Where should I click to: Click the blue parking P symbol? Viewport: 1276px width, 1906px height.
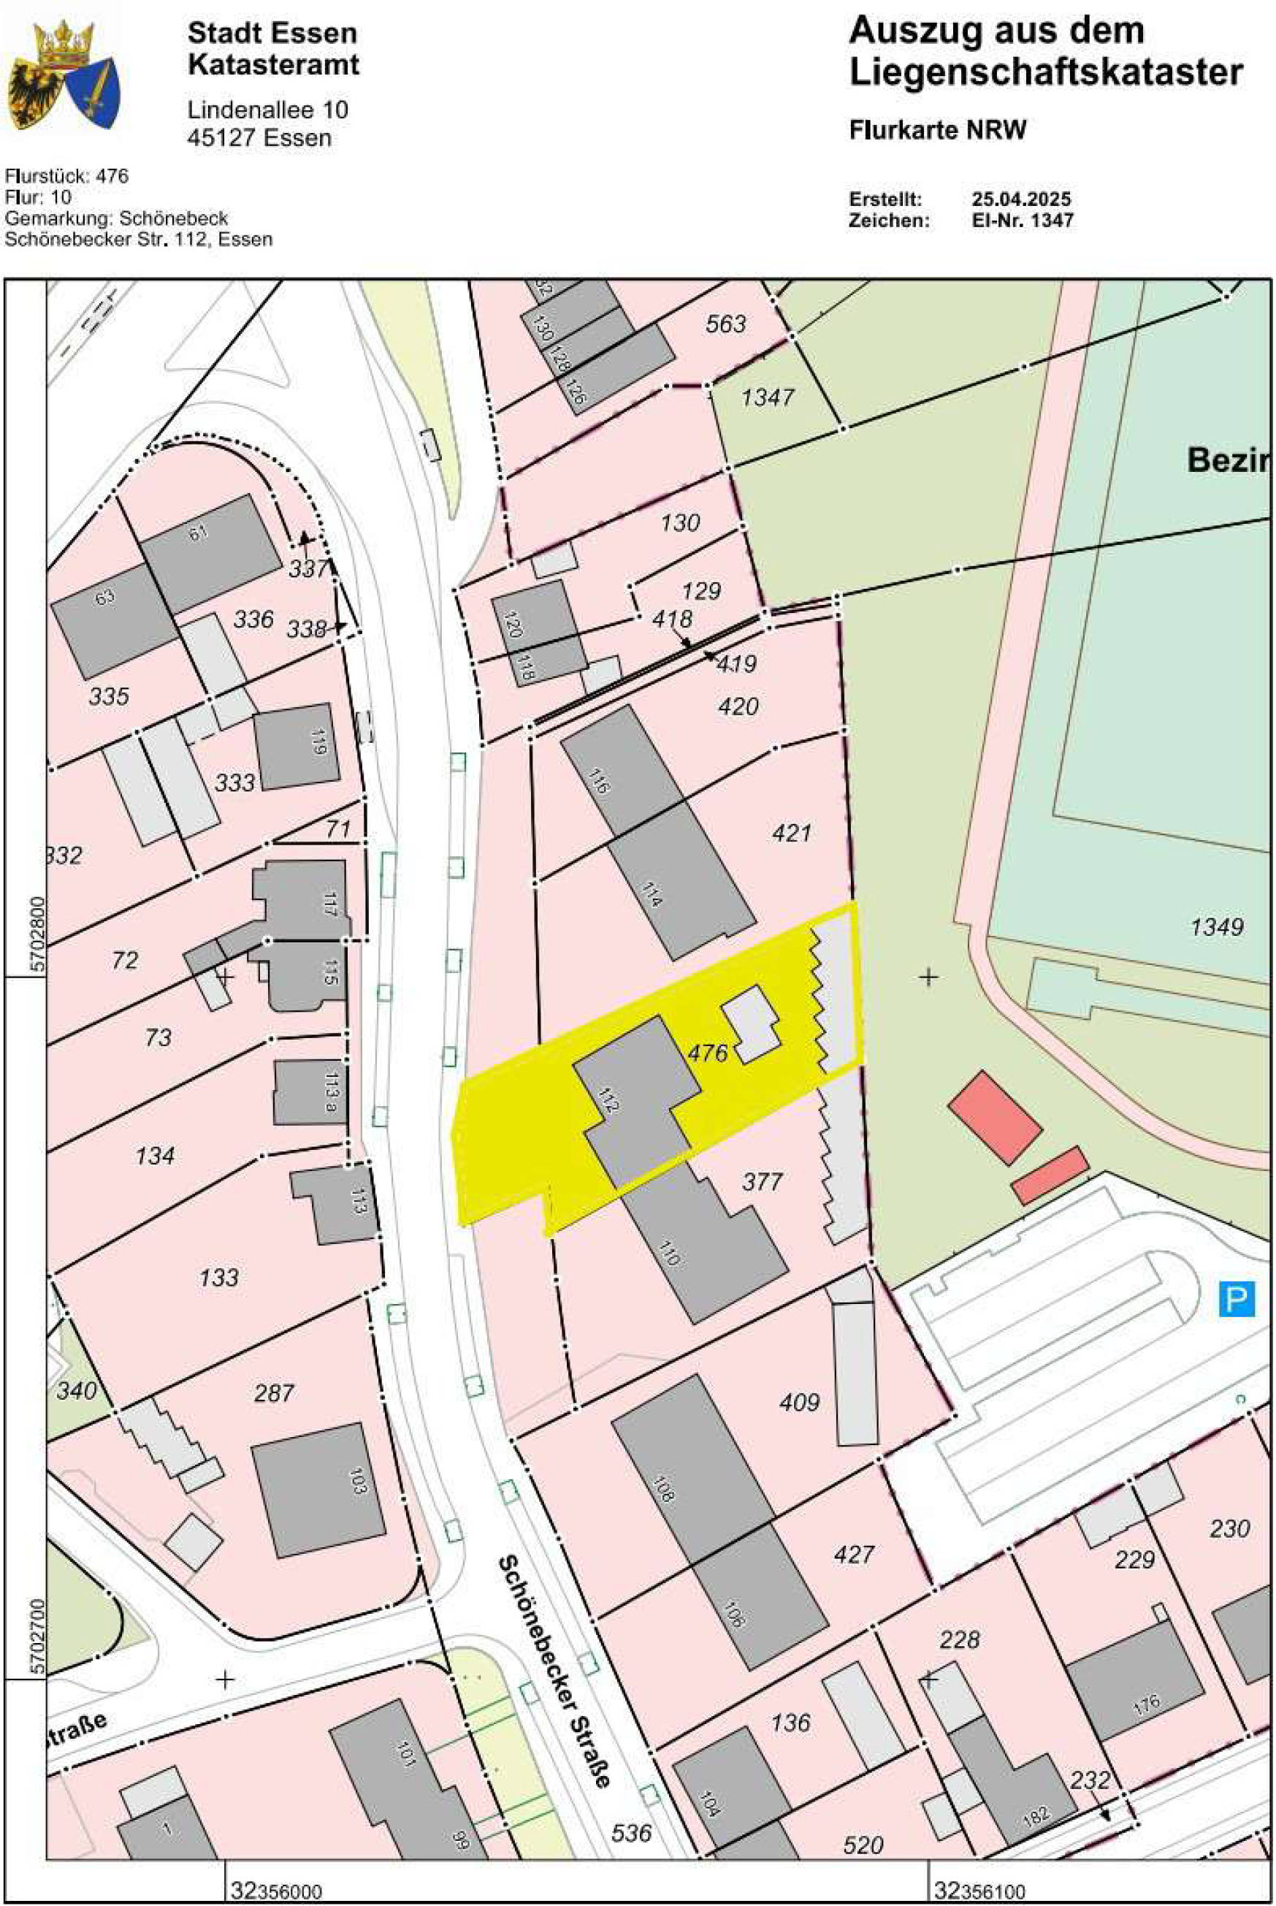click(1235, 1298)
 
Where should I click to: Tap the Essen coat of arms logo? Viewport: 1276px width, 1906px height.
click(64, 75)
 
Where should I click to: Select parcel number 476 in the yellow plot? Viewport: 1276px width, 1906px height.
click(707, 1052)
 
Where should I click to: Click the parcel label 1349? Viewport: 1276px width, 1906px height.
click(1217, 926)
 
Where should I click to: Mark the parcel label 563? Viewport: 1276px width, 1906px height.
click(726, 324)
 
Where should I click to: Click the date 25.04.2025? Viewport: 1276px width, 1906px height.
click(1020, 199)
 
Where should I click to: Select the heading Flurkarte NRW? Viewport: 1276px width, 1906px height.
click(938, 130)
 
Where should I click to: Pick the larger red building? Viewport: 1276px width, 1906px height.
click(995, 1116)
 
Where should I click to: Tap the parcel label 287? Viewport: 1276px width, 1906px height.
click(273, 1393)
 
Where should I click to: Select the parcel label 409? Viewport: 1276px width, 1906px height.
click(799, 1401)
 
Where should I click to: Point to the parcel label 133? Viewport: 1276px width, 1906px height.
click(219, 1277)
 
